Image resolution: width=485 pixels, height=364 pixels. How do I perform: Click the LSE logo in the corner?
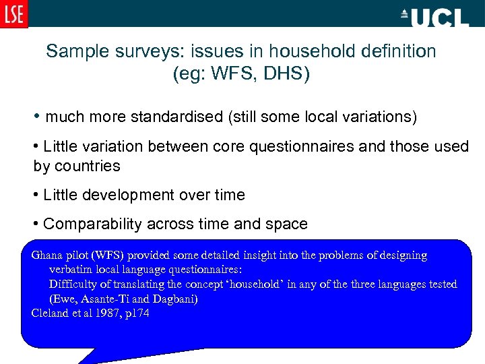pyautogui.click(x=13, y=13)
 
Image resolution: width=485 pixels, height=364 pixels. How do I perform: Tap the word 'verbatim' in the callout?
pyautogui.click(x=70, y=270)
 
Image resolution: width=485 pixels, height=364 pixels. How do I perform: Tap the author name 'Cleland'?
pyautogui.click(x=49, y=313)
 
